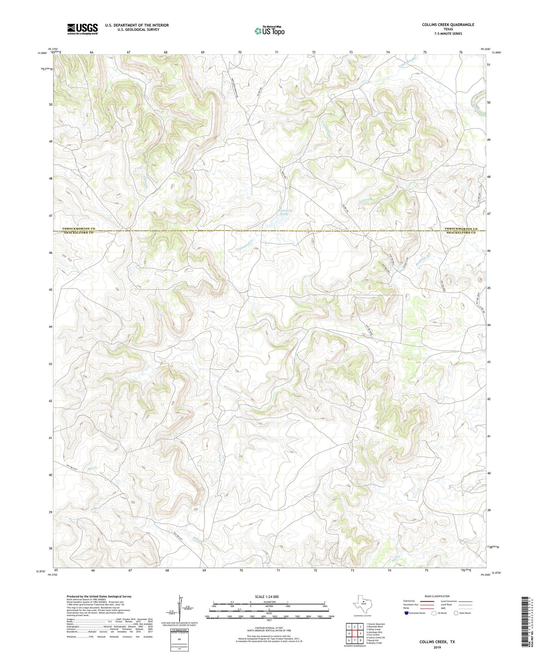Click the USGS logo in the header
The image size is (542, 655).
(x=82, y=29)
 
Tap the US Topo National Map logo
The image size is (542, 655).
(x=270, y=31)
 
